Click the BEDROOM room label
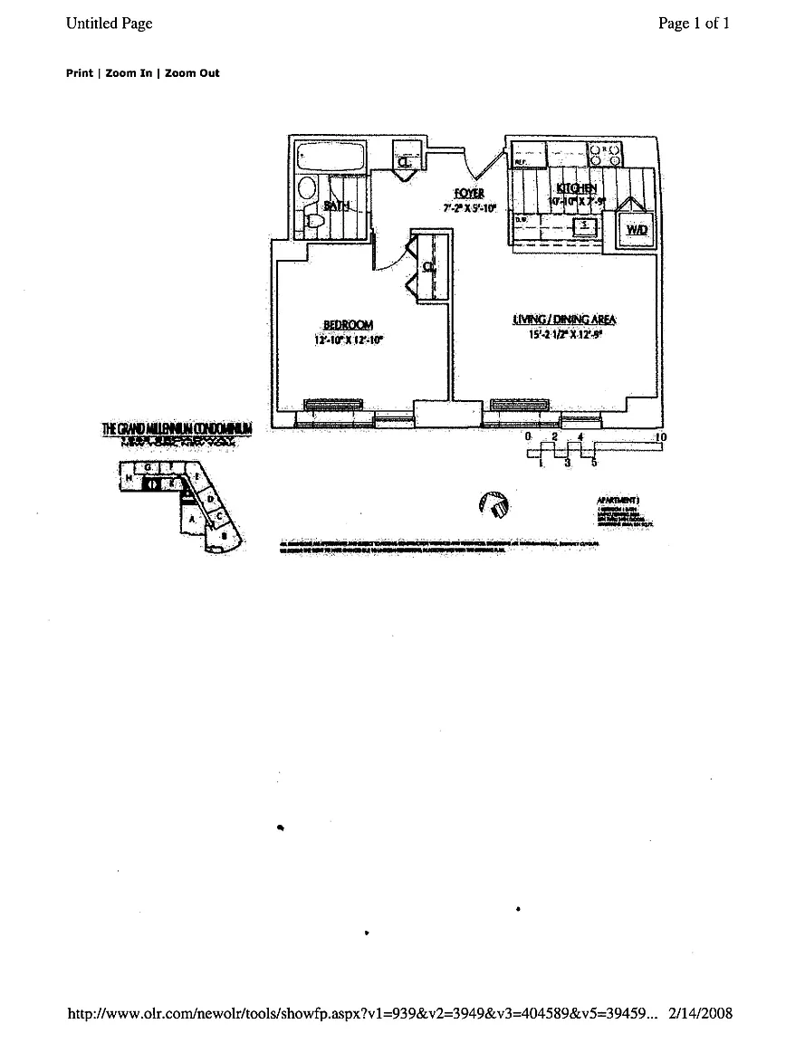pyautogui.click(x=349, y=325)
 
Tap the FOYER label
pyautogui.click(x=469, y=194)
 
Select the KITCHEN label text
pyautogui.click(x=577, y=188)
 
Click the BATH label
pyautogui.click(x=338, y=206)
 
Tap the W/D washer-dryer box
pyautogui.click(x=637, y=230)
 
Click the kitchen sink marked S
pyautogui.click(x=585, y=224)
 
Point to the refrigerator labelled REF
pyautogui.click(x=525, y=156)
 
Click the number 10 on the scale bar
pyautogui.click(x=661, y=437)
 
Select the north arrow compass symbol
pyautogui.click(x=493, y=505)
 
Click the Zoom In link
pyautogui.click(x=129, y=73)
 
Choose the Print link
pyautogui.click(x=79, y=73)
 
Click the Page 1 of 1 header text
pyautogui.click(x=694, y=24)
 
